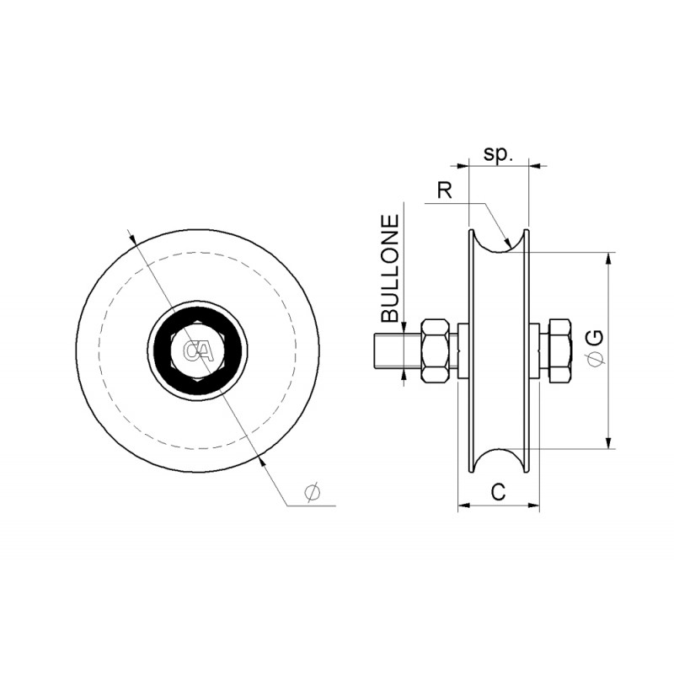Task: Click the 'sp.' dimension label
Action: click(498, 154)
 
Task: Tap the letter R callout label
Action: click(445, 190)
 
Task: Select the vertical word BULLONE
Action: click(391, 269)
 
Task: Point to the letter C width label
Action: click(499, 492)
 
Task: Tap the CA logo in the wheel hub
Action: click(198, 350)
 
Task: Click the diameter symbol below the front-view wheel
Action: click(312, 493)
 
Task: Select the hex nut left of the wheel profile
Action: click(436, 350)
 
